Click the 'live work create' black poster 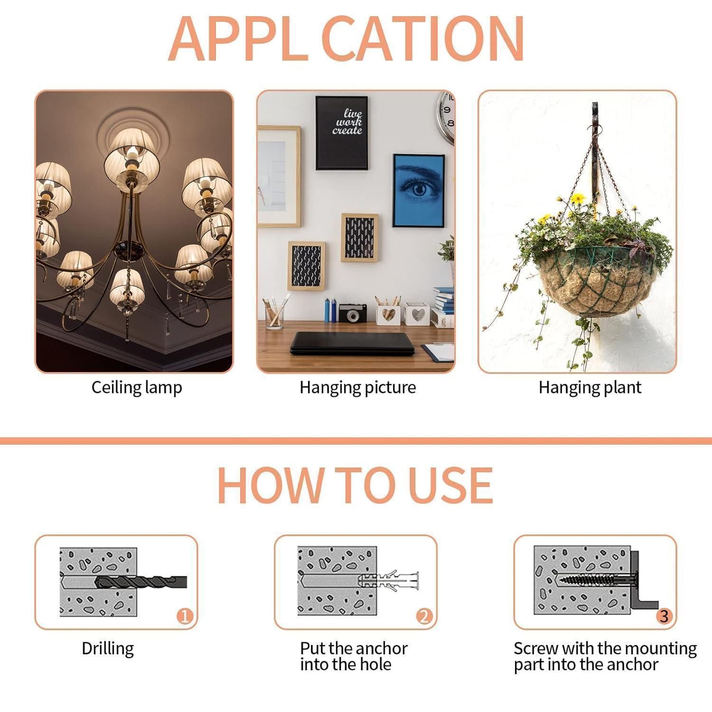[342, 126]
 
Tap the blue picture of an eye [419, 191]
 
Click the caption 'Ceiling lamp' [137, 388]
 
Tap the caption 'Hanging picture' [357, 388]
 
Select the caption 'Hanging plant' [590, 388]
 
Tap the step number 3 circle [664, 617]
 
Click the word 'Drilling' [108, 649]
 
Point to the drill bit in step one [141, 582]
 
